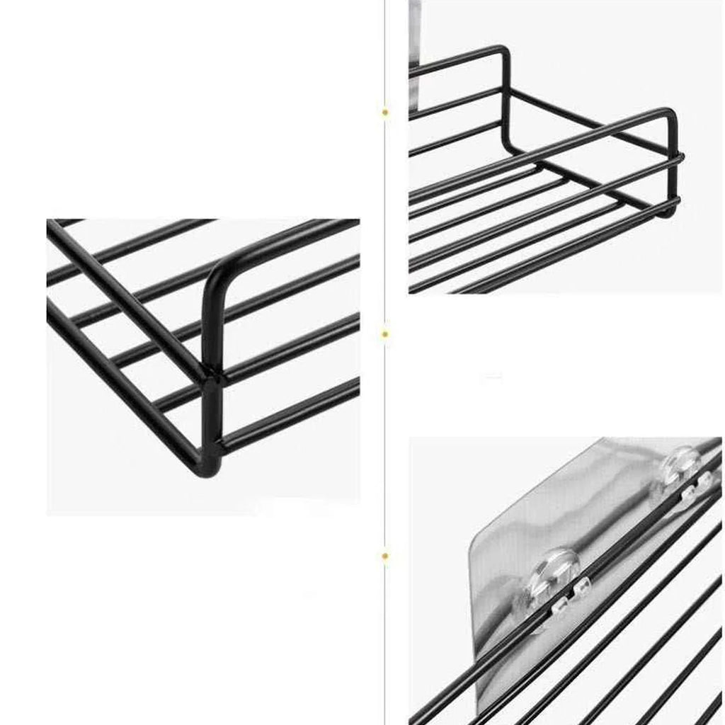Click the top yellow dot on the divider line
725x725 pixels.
point(385,112)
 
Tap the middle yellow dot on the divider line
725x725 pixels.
point(385,333)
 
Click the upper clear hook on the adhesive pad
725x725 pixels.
point(681,463)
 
